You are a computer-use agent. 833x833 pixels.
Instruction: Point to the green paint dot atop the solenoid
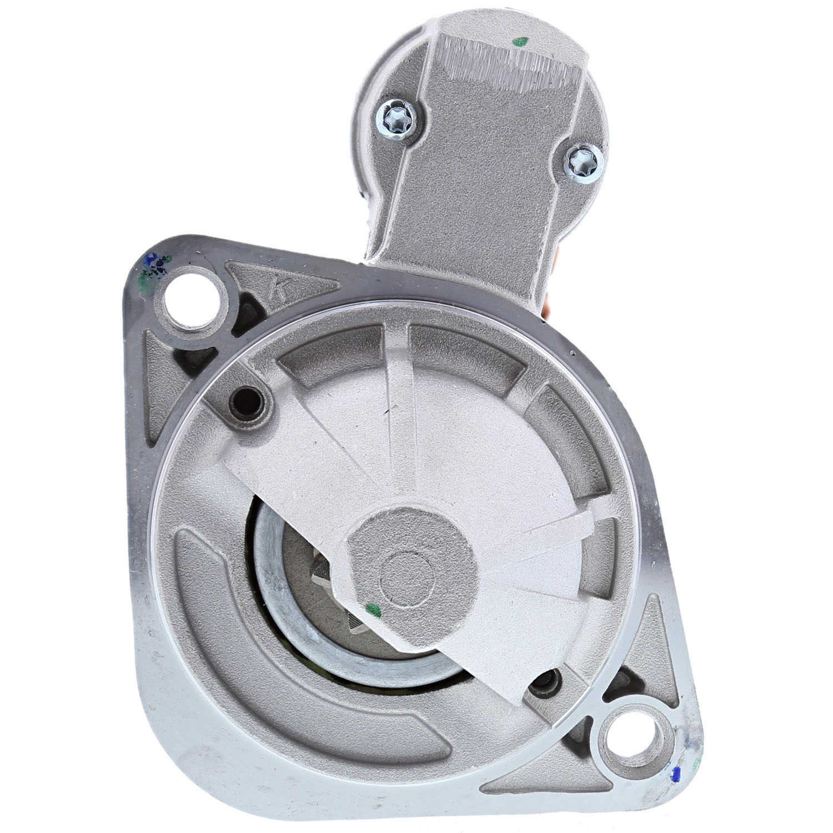520,41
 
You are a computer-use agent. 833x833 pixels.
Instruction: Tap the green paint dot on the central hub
374,611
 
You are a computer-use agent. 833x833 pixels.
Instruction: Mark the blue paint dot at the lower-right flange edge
675,772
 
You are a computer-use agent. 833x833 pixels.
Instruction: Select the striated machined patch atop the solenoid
505,67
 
